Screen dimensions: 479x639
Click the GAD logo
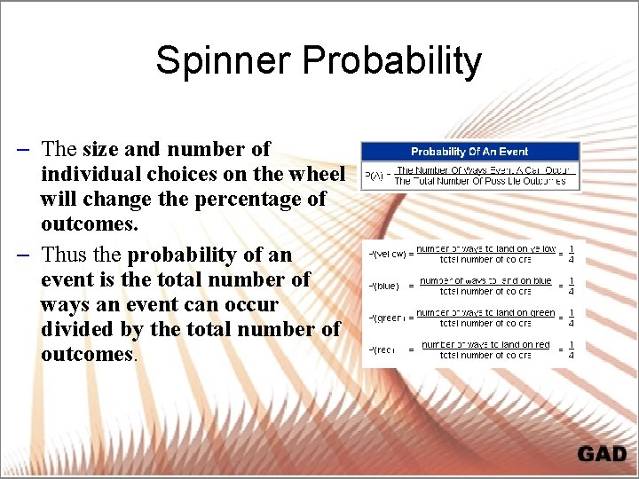[602, 454]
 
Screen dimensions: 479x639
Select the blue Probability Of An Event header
[469, 152]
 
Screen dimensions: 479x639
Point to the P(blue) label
[384, 287]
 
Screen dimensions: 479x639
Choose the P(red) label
[383, 350]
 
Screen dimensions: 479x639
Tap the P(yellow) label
[388, 254]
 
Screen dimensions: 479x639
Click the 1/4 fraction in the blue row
[571, 286]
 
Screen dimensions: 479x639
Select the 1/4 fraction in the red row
[571, 349]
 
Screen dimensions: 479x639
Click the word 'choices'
[182, 174]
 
